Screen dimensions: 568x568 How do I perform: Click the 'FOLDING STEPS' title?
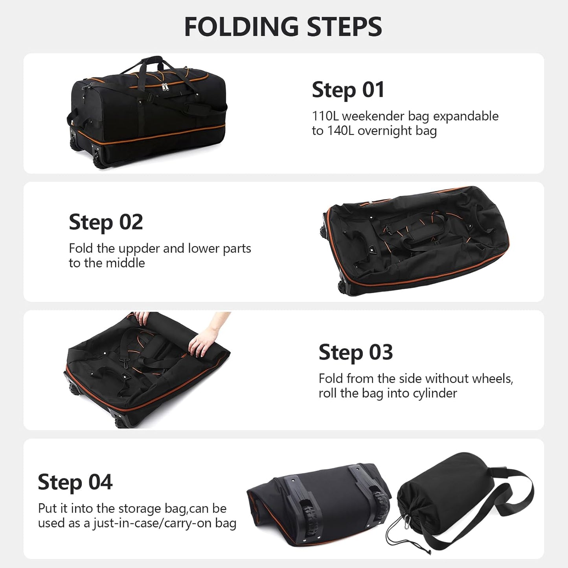[283, 27]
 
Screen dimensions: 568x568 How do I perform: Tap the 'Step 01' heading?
[348, 90]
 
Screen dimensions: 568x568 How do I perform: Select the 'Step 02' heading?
[106, 222]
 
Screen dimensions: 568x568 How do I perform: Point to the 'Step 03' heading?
[355, 352]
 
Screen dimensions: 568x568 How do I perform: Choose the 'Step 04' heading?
[75, 482]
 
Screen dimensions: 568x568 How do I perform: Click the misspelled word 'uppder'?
[139, 249]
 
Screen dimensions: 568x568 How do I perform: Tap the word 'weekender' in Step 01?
[373, 116]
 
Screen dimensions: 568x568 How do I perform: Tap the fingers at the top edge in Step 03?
[142, 317]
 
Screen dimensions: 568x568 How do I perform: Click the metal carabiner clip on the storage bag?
[407, 521]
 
